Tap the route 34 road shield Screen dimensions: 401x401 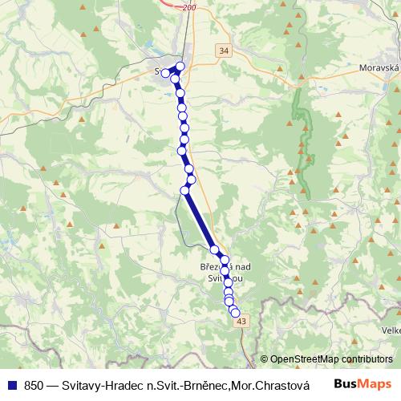coord(223,51)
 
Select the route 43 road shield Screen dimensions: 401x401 coord(243,321)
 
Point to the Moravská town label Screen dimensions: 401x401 coord(379,69)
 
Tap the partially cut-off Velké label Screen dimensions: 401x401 coord(391,330)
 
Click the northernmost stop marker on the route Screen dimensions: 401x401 coord(180,67)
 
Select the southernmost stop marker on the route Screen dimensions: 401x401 coord(235,313)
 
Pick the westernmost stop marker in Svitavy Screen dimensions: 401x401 coord(166,73)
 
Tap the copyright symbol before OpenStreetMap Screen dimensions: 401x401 coord(264,360)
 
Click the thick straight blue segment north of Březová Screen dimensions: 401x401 coord(200,221)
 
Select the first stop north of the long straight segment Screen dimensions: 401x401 coord(191,180)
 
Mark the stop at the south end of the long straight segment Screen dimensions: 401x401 coord(214,250)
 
